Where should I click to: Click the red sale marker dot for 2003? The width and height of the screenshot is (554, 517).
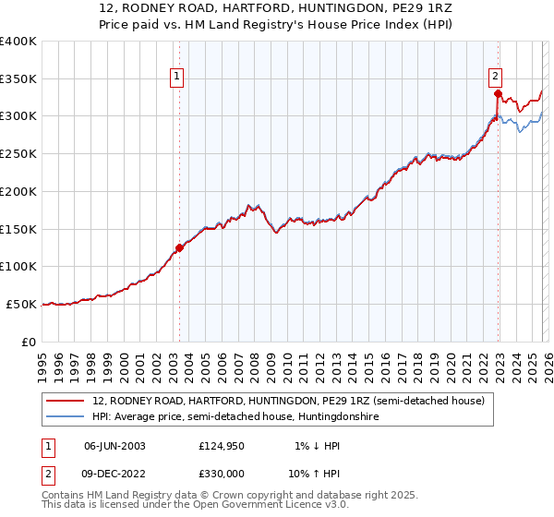click(x=179, y=247)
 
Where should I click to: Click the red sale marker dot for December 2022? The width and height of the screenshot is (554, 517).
click(x=497, y=93)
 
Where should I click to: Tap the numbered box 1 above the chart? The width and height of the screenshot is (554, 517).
click(x=175, y=78)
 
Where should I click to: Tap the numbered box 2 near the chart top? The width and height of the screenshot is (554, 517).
click(x=496, y=77)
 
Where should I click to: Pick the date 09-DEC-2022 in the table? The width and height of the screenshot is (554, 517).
click(x=114, y=475)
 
